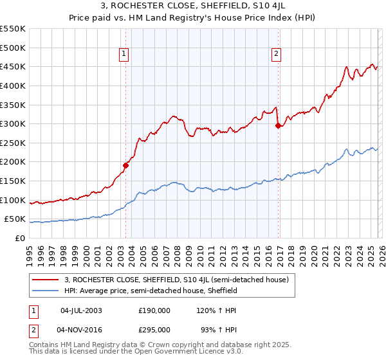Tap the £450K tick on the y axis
coord(13,66)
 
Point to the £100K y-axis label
coord(13,200)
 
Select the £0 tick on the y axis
coord(20,238)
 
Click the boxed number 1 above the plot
coord(123,55)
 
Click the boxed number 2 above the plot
coord(276,55)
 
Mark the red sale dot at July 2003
coord(126,165)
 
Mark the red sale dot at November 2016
coord(278,126)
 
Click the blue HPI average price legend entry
coord(151,291)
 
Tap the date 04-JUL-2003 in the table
coord(80,310)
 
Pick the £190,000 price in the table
coord(154,310)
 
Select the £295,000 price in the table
coord(154,329)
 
